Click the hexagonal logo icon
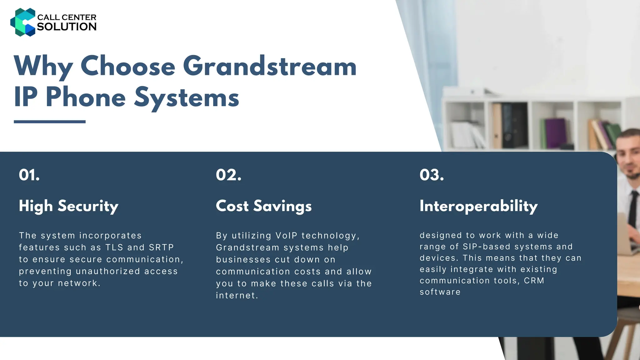(x=22, y=22)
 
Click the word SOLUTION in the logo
(x=67, y=27)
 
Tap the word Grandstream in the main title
(x=269, y=66)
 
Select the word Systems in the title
(x=187, y=97)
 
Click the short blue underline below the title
(x=50, y=122)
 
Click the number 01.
(x=29, y=175)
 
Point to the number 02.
(x=228, y=175)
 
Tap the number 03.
(x=432, y=175)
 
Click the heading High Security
(x=68, y=206)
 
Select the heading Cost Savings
(x=264, y=206)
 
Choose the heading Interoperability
(x=478, y=206)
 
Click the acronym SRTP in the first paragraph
(x=161, y=247)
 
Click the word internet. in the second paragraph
(x=237, y=296)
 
